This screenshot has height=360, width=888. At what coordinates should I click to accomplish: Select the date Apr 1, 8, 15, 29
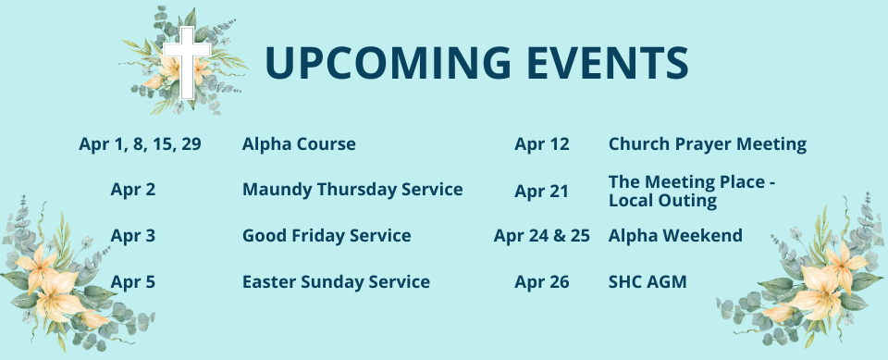coord(140,144)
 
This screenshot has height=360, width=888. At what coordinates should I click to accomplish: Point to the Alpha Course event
coord(299,144)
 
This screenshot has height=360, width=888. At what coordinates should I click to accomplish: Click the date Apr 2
coord(132,190)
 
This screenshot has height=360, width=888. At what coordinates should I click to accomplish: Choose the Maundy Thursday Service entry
coord(352,190)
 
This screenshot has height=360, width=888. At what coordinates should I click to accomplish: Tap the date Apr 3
coord(132,236)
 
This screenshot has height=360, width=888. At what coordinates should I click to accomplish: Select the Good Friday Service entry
coord(327,236)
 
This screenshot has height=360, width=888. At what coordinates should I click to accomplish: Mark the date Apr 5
coord(132,281)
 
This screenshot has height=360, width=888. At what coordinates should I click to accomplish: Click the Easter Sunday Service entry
coord(336,281)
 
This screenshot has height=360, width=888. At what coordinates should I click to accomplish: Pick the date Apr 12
coord(542,144)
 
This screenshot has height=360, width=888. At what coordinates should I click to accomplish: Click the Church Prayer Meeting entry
coord(708,144)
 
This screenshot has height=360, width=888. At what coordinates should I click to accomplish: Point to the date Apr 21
coord(542,192)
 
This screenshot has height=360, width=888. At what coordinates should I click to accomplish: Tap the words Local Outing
coord(662,201)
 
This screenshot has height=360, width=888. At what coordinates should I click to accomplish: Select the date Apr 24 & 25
coord(542,236)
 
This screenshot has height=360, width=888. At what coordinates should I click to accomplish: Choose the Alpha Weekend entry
coord(675,236)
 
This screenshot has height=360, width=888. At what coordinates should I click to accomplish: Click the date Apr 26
coord(542,281)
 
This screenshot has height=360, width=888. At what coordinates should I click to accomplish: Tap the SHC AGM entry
coord(647,281)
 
